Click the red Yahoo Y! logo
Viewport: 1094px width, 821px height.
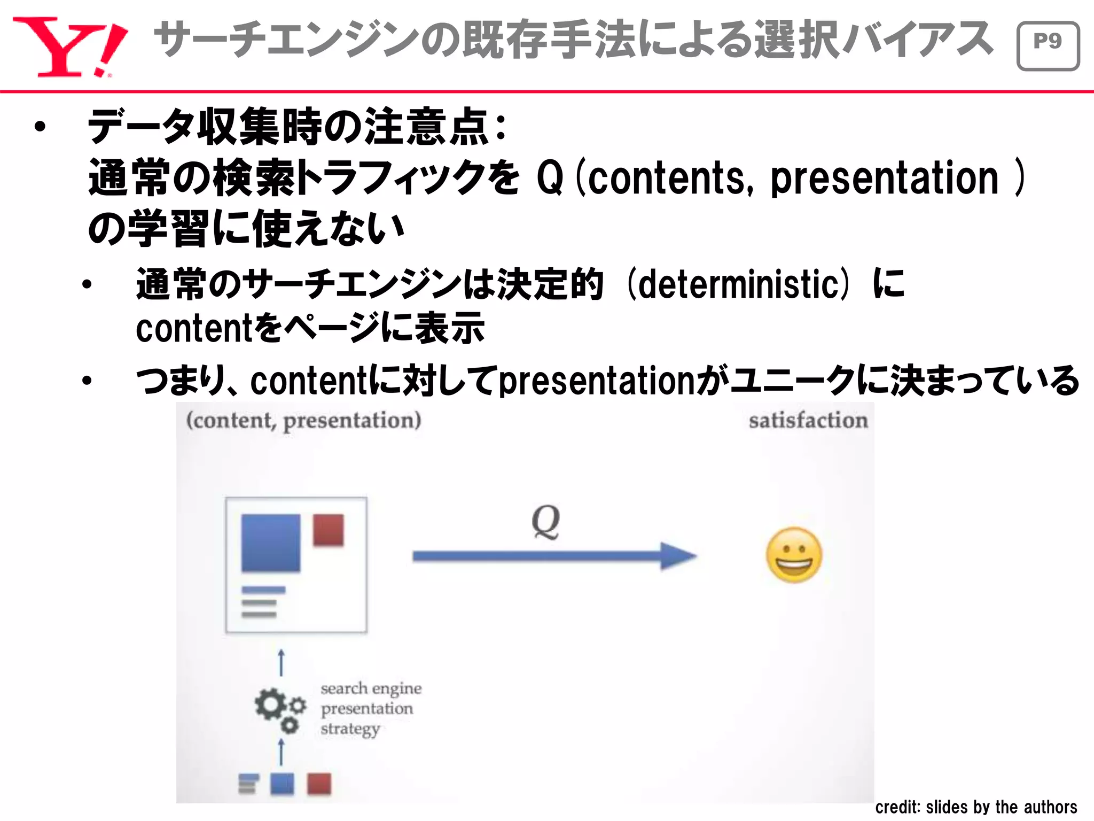click(x=69, y=47)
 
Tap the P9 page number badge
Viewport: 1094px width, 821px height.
click(x=1048, y=46)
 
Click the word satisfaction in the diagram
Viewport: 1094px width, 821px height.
click(x=808, y=420)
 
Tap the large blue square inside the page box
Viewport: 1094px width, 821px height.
click(x=271, y=543)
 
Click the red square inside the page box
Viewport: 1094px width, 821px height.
click(x=328, y=530)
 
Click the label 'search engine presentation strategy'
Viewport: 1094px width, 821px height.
click(x=370, y=708)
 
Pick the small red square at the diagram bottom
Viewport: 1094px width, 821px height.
click(x=319, y=784)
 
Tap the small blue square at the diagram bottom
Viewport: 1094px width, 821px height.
click(x=282, y=784)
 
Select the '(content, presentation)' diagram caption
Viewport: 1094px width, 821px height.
click(x=303, y=420)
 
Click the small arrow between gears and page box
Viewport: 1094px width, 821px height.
click(x=282, y=663)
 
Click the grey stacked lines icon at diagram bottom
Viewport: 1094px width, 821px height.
click(x=247, y=784)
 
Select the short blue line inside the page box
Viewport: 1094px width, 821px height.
click(x=263, y=590)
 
